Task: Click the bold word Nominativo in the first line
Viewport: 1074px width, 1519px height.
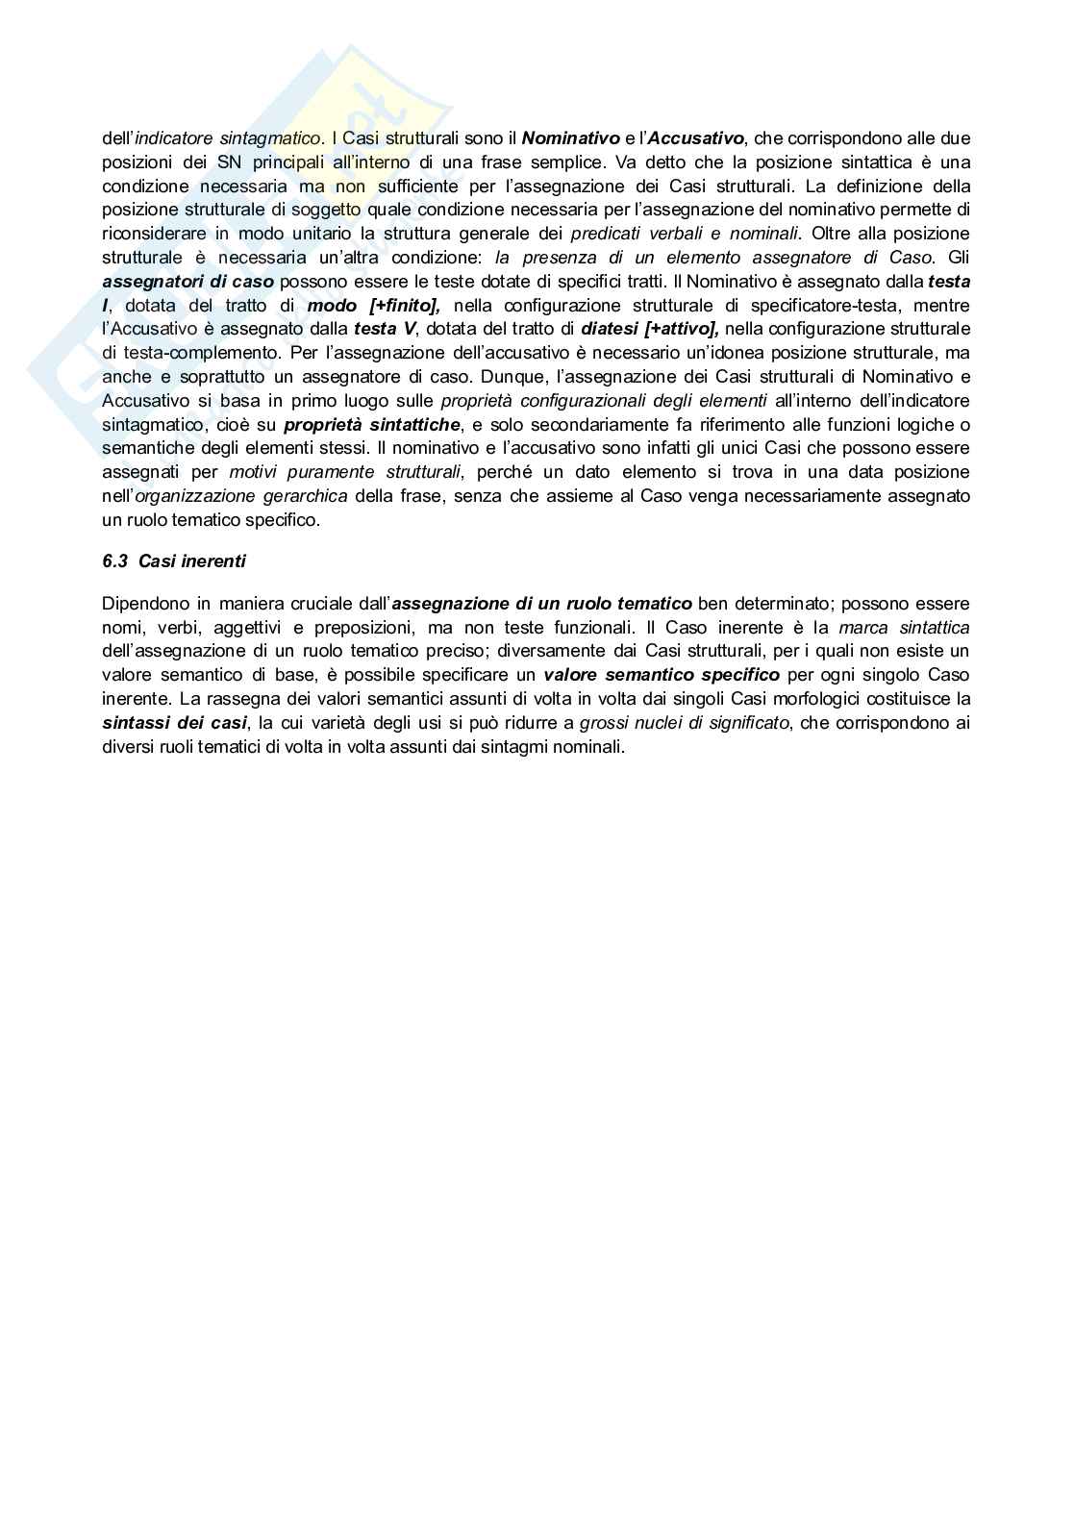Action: [570, 138]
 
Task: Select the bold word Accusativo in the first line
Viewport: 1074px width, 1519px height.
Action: [696, 138]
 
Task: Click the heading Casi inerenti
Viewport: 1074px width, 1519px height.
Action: [192, 561]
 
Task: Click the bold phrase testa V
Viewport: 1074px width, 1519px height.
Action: [385, 330]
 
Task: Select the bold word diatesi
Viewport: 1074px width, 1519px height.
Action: [612, 330]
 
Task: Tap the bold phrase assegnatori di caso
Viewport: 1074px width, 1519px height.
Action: [188, 282]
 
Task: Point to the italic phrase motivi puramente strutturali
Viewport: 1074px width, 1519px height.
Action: [345, 472]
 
